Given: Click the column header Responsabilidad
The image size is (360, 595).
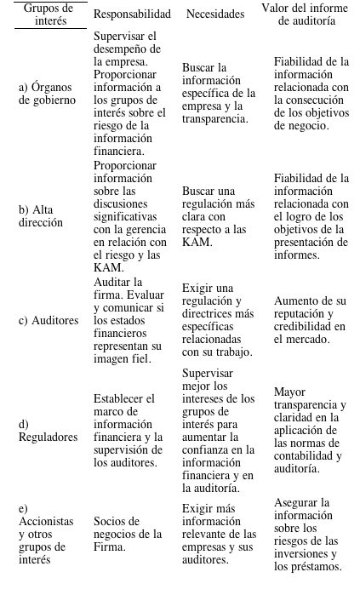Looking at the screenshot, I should (x=132, y=14).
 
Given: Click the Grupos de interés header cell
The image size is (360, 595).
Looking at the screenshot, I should (x=49, y=14).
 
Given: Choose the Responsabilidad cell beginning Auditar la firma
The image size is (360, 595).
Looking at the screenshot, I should (x=128, y=321).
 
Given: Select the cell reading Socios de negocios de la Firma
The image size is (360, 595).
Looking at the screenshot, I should (x=128, y=528).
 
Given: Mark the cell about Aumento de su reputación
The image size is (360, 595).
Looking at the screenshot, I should (x=309, y=315).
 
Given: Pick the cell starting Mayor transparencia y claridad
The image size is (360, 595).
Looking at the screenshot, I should (x=309, y=430).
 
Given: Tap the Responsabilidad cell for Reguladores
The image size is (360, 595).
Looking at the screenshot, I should (x=128, y=430).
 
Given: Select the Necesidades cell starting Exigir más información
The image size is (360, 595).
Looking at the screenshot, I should (x=219, y=535).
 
